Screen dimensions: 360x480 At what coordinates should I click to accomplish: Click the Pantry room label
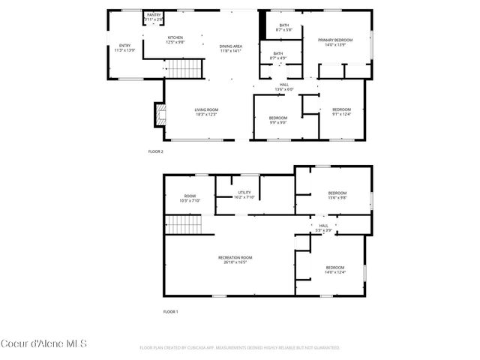click(x=154, y=16)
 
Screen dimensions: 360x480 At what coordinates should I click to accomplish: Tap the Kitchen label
click(x=175, y=40)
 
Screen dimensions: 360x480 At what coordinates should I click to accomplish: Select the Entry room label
click(x=124, y=48)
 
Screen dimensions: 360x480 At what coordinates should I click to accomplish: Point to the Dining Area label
click(x=230, y=48)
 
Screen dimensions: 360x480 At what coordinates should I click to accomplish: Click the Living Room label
click(x=205, y=112)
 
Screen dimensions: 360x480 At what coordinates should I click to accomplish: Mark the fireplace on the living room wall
click(x=158, y=115)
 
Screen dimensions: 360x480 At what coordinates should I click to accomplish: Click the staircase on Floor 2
click(x=184, y=70)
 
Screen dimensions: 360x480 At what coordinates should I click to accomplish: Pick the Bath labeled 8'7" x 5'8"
click(x=283, y=28)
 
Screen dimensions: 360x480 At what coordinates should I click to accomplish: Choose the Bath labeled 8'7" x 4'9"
click(x=277, y=55)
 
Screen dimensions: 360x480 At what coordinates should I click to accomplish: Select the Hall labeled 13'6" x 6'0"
click(x=284, y=87)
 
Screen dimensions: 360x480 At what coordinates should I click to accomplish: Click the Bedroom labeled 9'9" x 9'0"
click(x=278, y=120)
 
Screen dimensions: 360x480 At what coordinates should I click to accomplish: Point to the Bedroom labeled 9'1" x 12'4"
click(x=341, y=112)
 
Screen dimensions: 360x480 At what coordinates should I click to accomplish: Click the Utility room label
click(x=245, y=195)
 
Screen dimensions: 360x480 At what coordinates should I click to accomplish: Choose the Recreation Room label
click(x=232, y=259)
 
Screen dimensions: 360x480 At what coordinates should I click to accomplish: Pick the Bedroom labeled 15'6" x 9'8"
click(x=337, y=195)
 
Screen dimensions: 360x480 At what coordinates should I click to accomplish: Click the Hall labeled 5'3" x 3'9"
click(x=323, y=227)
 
